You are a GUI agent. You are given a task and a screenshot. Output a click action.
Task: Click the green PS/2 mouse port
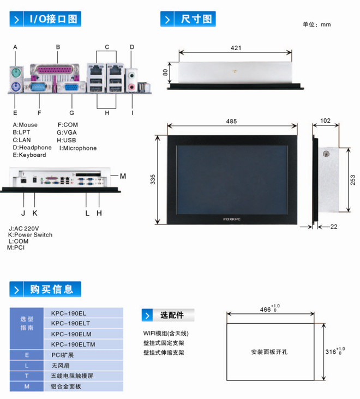(15, 73)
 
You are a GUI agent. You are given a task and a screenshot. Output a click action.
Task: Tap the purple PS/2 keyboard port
(15, 87)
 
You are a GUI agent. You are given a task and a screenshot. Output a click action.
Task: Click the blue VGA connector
(71, 87)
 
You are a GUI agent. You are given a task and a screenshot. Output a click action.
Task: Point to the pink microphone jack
(131, 87)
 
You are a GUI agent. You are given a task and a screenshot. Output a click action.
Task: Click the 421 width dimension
(236, 48)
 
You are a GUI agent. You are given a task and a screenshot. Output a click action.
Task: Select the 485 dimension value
(231, 121)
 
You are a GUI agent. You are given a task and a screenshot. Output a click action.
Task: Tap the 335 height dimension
(153, 179)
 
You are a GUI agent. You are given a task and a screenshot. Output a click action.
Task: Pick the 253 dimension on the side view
(352, 180)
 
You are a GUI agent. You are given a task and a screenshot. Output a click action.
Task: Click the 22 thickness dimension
(334, 226)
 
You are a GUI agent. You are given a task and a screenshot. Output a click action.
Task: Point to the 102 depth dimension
(326, 120)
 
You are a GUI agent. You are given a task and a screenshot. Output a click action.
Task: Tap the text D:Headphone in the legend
(32, 148)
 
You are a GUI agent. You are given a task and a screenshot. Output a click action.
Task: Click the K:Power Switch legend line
(31, 234)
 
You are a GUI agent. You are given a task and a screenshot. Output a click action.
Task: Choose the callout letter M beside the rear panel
(123, 176)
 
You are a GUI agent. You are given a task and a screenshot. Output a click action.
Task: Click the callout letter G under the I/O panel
(72, 113)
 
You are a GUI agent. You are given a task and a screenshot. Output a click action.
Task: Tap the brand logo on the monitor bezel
(232, 219)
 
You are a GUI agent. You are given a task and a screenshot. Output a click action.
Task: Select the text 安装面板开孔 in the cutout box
(269, 352)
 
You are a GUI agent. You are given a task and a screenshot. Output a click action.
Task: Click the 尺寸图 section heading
(196, 19)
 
